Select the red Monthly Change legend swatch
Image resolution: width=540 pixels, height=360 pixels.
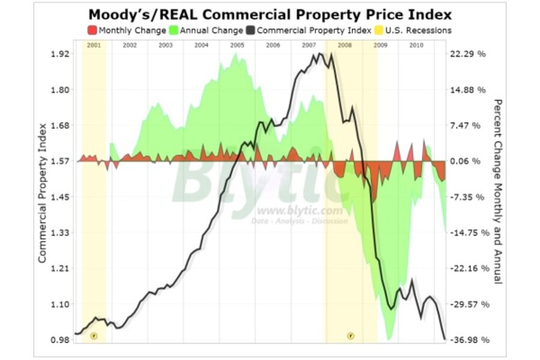[92, 30]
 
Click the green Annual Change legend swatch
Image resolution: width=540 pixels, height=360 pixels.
[173, 30]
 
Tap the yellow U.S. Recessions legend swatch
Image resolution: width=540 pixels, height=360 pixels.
[380, 30]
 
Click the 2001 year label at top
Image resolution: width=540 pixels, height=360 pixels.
[94, 45]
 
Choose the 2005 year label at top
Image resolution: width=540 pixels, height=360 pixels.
[236, 45]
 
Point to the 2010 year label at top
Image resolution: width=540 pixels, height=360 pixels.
[415, 45]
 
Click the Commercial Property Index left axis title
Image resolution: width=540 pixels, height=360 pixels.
[43, 193]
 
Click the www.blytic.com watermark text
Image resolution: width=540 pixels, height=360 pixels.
[300, 211]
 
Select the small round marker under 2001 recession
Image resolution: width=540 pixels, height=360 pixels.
[94, 335]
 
